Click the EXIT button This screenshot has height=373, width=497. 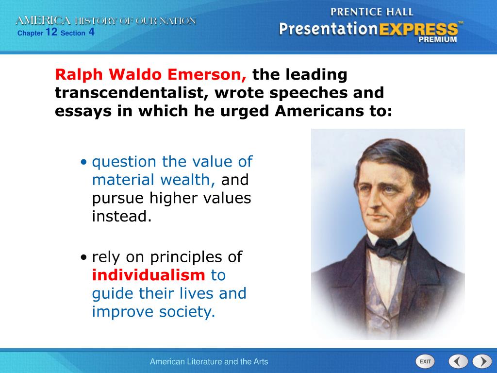[425, 361]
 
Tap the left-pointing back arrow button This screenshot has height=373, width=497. [458, 361]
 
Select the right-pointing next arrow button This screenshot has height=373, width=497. [482, 361]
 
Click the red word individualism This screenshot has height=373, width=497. [149, 275]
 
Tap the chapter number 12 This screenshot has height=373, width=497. [51, 32]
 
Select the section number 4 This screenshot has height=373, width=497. [91, 32]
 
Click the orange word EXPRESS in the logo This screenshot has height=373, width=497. [418, 30]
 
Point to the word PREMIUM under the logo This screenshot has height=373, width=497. [438, 40]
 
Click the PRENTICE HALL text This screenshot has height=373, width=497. [372, 12]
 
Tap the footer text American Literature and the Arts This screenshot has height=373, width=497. [209, 361]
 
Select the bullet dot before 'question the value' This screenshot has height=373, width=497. [83, 162]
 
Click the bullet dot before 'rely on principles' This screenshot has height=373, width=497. [83, 257]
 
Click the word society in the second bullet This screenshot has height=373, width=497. [187, 312]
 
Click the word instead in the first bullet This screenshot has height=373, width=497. [122, 216]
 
